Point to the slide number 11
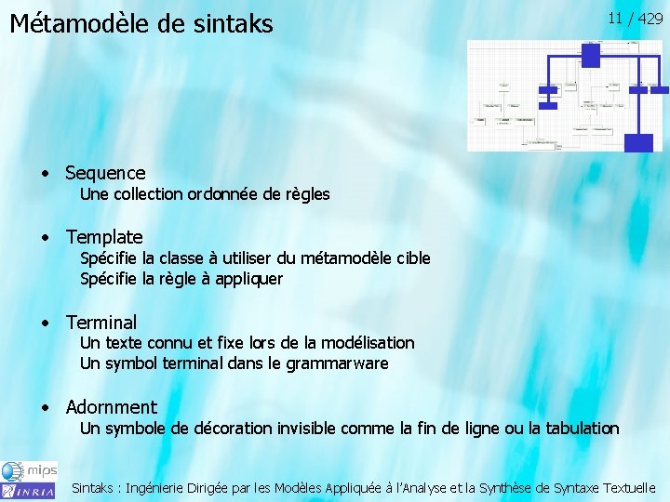tap(615, 18)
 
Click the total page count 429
tap(650, 18)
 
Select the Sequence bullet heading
tap(105, 173)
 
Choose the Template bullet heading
tap(104, 237)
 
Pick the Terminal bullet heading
tap(100, 323)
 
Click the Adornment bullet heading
tap(111, 406)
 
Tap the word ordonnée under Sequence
tap(221, 194)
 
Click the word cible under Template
tap(412, 258)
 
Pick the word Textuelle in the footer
tap(629, 487)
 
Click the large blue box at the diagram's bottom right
tap(637, 142)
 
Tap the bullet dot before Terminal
tap(46, 324)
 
